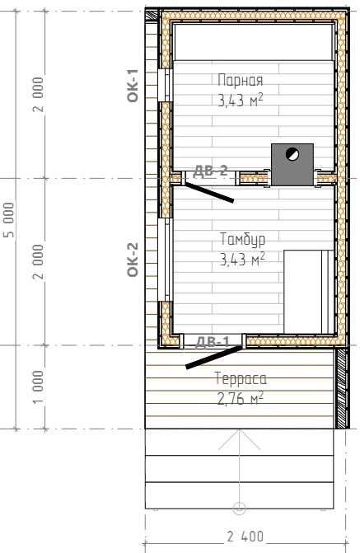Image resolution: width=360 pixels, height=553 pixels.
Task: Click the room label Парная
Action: (x=240, y=80)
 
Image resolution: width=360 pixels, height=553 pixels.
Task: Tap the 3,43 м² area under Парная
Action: (x=241, y=101)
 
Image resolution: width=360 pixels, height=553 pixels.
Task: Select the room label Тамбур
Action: (x=242, y=240)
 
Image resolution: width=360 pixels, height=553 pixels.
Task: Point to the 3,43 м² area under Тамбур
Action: (x=242, y=260)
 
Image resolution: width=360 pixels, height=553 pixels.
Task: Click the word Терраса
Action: (x=241, y=379)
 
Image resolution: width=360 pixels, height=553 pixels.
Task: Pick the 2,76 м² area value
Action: (x=241, y=399)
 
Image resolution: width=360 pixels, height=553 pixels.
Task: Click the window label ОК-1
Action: (x=133, y=86)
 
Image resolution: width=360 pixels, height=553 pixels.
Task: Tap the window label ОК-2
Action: (x=133, y=260)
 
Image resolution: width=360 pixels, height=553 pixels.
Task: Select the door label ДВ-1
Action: (x=213, y=341)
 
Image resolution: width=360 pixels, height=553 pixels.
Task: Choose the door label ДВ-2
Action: (x=211, y=171)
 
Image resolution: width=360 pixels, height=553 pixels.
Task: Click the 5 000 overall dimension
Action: (x=10, y=220)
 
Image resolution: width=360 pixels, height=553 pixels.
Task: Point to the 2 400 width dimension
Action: (x=245, y=537)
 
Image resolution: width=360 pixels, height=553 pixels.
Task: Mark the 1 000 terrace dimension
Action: (x=38, y=387)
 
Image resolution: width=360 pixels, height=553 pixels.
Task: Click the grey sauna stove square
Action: (x=292, y=165)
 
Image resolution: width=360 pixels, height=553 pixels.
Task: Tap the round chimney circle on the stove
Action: (x=292, y=154)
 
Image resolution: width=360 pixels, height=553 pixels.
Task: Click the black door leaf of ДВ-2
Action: (x=209, y=192)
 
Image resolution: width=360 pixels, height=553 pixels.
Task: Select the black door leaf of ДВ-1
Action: (x=214, y=357)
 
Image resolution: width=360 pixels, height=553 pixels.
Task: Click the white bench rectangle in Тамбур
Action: (x=309, y=292)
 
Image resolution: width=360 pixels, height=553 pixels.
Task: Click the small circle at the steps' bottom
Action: (x=240, y=508)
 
